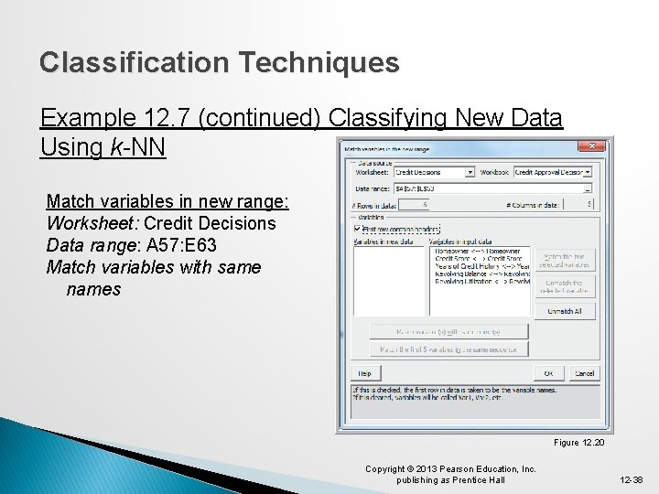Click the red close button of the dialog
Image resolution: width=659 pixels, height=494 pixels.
[595, 146]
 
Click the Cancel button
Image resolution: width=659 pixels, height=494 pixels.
[583, 373]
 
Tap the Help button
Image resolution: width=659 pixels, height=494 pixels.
[364, 373]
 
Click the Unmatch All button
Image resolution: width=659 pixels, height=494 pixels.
[564, 312]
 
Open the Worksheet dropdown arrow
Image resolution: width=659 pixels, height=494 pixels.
[470, 172]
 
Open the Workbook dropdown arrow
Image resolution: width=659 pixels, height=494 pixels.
[588, 172]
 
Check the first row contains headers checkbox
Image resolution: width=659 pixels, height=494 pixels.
[357, 230]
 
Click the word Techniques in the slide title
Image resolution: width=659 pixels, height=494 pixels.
[320, 63]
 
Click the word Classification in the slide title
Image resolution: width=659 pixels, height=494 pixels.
[135, 63]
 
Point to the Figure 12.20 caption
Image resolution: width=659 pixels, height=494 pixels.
[579, 443]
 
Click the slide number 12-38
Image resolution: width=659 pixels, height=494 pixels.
[631, 478]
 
